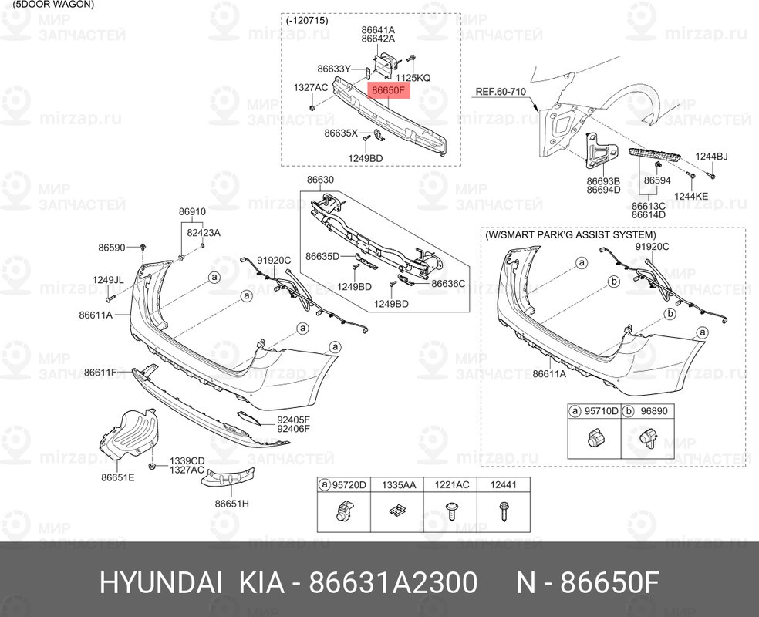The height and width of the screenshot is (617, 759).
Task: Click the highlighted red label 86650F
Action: point(388,90)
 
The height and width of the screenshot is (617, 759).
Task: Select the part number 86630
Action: point(320,180)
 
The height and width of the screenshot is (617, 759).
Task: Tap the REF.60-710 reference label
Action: point(501,92)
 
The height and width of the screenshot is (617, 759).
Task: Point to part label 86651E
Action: point(117,477)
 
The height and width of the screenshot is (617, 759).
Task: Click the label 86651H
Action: point(232,504)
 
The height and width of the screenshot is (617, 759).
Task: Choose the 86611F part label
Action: point(100,373)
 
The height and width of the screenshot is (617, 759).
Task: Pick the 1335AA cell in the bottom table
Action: point(398,485)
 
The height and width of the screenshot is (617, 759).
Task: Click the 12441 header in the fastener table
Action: point(504,485)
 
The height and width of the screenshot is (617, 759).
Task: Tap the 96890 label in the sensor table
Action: point(654,411)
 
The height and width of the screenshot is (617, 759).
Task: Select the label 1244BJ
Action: point(711,157)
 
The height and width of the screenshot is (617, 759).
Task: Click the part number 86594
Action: point(657,180)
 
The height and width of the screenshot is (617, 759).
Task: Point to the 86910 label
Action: point(192,211)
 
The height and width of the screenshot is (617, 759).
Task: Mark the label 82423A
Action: point(204,233)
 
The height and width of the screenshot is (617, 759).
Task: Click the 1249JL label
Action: point(108,280)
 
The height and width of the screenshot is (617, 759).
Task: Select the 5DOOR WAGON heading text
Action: point(53,5)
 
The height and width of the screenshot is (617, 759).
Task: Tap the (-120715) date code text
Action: point(307,21)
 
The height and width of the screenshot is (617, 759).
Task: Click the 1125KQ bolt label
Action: point(413,77)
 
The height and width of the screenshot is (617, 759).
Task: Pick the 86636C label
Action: point(448,284)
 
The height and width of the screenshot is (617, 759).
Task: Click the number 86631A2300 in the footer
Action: point(393,582)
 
